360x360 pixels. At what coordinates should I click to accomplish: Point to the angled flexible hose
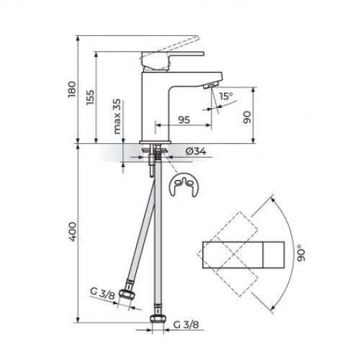(140, 230)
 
